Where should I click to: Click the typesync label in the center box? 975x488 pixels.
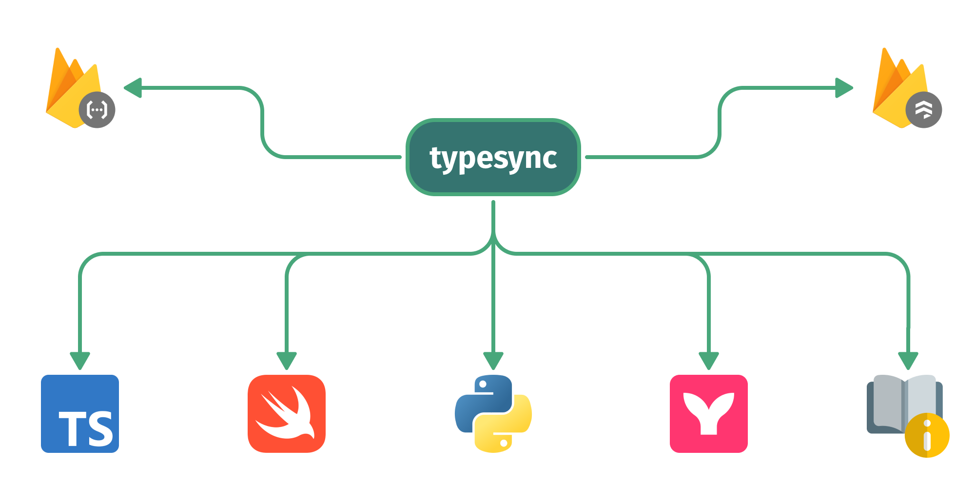coord(493,158)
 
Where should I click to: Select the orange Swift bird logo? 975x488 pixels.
coord(287,413)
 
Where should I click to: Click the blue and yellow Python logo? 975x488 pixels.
coord(493,413)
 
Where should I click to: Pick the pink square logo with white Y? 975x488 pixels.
coord(708,413)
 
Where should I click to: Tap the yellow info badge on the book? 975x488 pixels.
coord(927,435)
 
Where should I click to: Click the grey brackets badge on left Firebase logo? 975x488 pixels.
coord(97,110)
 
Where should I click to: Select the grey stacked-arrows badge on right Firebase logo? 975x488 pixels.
coord(923,110)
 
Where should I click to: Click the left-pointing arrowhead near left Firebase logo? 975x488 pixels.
coord(133,88)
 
